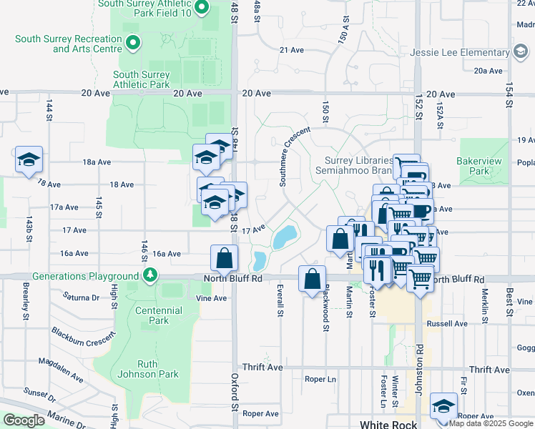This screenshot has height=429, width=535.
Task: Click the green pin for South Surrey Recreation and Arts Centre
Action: pyautogui.click(x=132, y=44)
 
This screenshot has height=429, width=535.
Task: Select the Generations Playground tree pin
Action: pyautogui.click(x=150, y=276)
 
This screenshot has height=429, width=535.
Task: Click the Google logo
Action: pyautogui.click(x=24, y=420)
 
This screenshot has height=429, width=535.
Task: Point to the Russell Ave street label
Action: pyautogui.click(x=446, y=323)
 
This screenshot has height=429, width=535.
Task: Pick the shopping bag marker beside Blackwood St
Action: pyautogui.click(x=313, y=280)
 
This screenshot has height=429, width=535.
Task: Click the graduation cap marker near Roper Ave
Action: pyautogui.click(x=444, y=407)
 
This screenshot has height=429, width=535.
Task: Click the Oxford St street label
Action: pyautogui.click(x=234, y=392)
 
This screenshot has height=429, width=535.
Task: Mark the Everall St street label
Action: pyautogui.click(x=280, y=302)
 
